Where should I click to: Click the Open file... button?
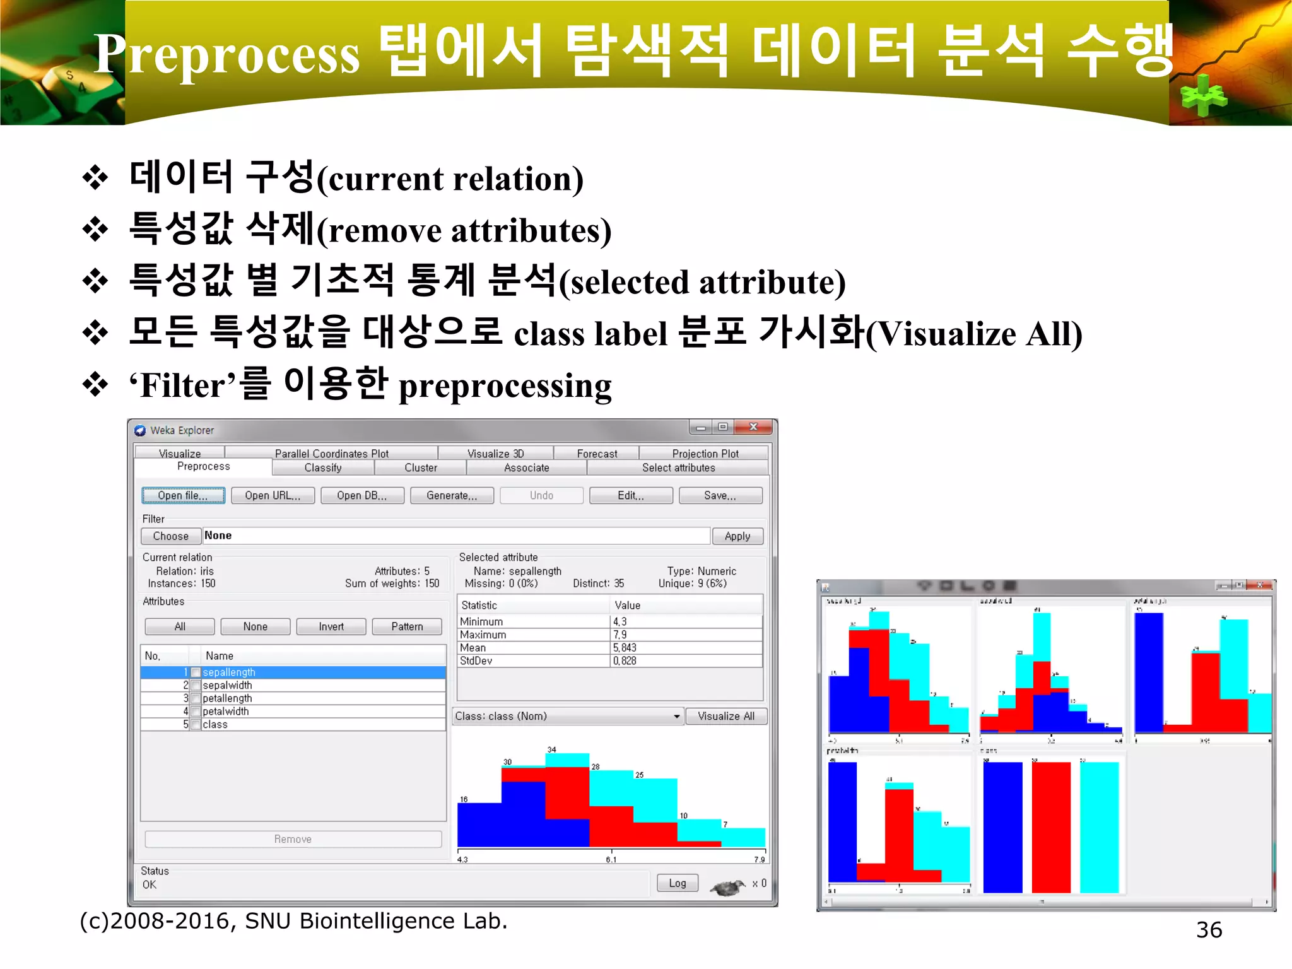coord(183,496)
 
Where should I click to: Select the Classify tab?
coord(323,468)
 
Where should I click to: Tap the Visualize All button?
coord(725,717)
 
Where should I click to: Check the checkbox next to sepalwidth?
coord(196,686)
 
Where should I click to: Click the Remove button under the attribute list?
coord(293,840)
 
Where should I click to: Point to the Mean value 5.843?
coord(625,648)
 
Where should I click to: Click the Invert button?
coord(331,627)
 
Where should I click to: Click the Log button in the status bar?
coord(677,883)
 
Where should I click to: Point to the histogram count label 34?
coord(552,749)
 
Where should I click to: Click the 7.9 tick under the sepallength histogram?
coord(760,860)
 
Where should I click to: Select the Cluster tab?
coord(421,468)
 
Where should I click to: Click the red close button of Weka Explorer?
coord(754,428)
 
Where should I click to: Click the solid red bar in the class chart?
coord(1051,826)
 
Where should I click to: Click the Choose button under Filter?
coord(171,536)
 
